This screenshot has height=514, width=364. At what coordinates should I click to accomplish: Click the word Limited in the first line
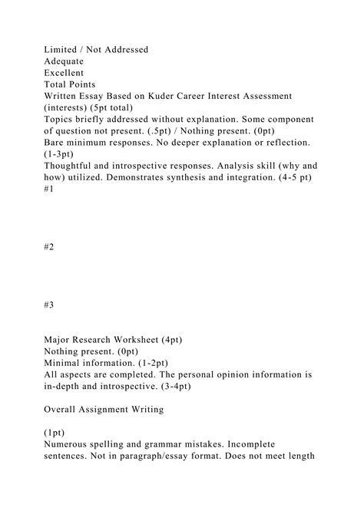[x=63, y=50]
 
